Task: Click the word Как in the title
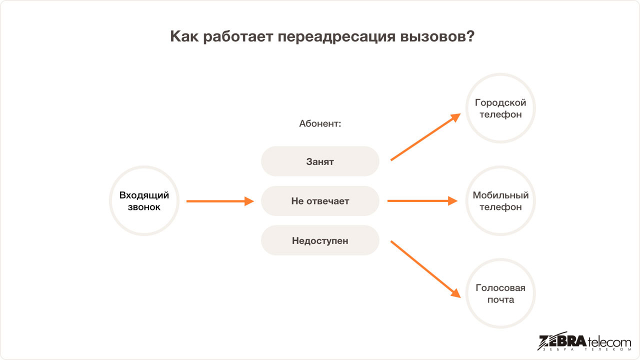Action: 184,36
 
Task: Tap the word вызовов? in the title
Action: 437,36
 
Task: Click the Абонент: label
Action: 320,123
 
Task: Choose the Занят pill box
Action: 320,161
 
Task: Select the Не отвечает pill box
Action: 320,201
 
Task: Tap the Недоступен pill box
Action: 320,240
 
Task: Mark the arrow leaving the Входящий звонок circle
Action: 220,201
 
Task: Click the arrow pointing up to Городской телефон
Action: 425,137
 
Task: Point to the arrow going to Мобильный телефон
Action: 422,201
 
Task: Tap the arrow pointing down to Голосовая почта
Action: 425,269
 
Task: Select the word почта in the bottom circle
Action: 500,299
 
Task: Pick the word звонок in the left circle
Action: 144,207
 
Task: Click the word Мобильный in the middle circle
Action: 500,195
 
